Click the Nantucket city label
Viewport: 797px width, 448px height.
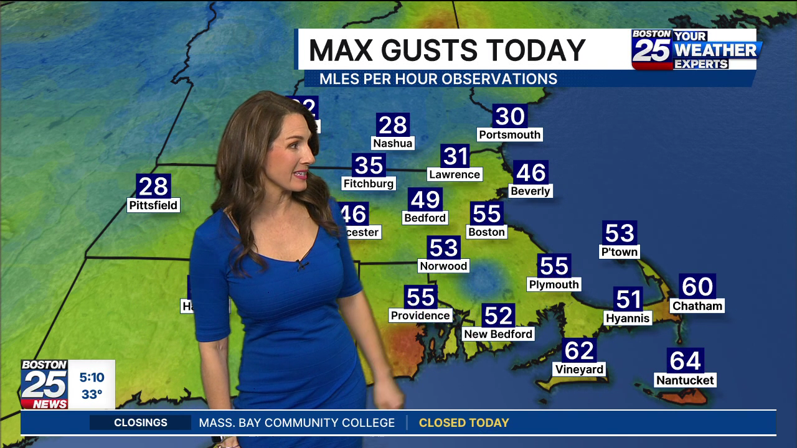coord(685,380)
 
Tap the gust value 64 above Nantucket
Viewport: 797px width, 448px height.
coord(686,360)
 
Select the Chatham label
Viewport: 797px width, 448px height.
coord(697,306)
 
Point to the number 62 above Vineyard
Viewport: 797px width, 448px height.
coord(579,351)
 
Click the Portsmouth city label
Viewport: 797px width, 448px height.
coord(510,134)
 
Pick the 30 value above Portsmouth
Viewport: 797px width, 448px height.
coord(510,116)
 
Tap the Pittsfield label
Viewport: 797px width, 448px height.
coord(153,205)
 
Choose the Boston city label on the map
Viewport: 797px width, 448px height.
coord(486,232)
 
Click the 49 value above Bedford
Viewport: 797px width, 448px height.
coord(425,200)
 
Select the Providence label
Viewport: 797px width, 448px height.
coord(420,315)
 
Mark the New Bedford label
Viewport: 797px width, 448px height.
coord(498,334)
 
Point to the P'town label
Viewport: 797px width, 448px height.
coord(620,252)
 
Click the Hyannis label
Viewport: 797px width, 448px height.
coord(628,318)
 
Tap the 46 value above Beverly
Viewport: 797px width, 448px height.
coord(531,172)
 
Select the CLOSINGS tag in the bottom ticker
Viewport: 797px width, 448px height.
coord(141,422)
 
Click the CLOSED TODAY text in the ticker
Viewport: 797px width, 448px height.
coord(464,422)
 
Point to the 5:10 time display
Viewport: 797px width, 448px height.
coord(92,377)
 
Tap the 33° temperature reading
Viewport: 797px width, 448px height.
coord(92,394)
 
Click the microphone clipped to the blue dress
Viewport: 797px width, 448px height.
coord(302,264)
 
